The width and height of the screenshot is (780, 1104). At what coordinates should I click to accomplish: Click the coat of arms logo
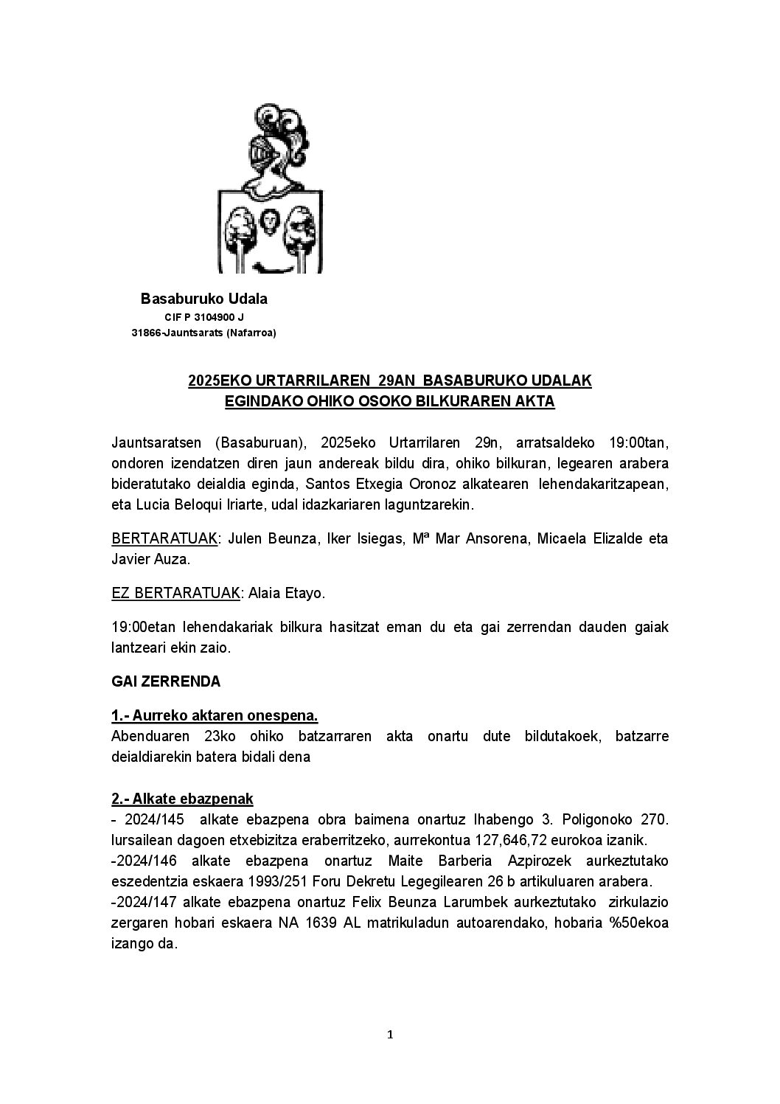click(271, 189)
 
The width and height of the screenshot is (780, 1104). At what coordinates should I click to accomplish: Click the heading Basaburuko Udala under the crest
click(204, 299)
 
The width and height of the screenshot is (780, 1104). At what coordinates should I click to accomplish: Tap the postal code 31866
click(146, 333)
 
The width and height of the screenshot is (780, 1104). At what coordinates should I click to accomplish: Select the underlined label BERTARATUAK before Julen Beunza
click(164, 538)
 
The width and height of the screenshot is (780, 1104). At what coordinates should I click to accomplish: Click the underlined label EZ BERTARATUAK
click(175, 593)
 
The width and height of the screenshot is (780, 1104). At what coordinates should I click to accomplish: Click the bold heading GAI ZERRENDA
click(166, 681)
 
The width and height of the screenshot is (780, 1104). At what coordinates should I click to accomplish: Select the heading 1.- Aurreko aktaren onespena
click(215, 715)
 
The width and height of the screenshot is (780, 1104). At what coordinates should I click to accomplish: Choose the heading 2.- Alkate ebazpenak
click(182, 799)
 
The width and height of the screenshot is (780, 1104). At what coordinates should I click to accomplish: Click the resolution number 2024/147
click(146, 902)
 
